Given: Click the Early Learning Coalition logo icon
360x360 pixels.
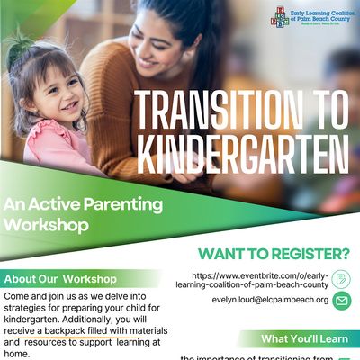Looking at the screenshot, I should (280, 15).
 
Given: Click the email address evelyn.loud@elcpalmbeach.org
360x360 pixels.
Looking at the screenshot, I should (270, 301).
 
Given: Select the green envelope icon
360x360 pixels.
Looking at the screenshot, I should (342, 301).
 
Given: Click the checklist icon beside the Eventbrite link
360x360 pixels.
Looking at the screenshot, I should (342, 279).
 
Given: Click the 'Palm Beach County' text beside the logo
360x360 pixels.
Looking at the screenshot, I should (321, 19).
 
